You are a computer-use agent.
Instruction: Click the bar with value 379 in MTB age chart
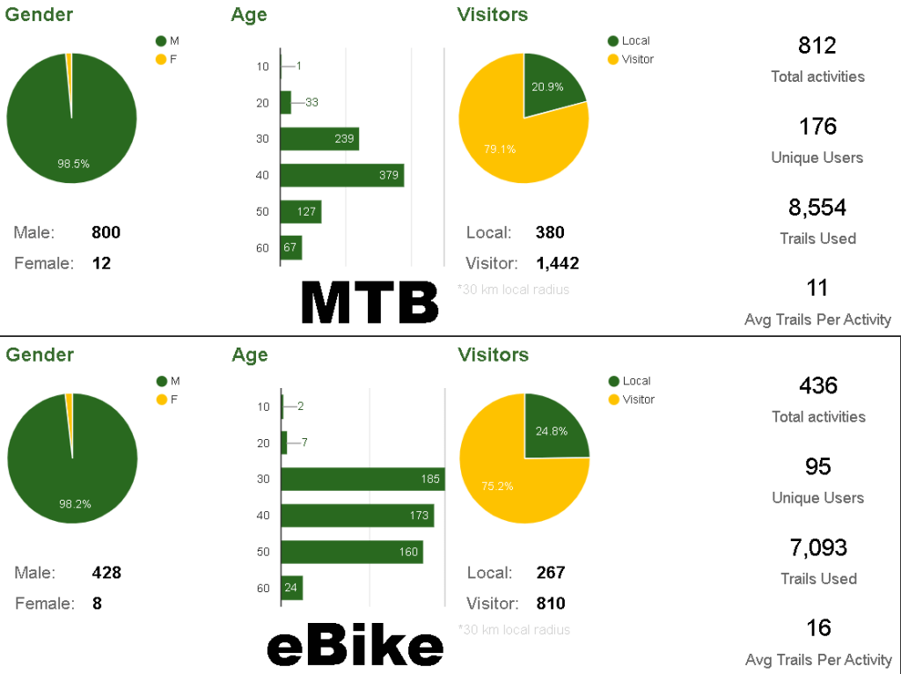(341, 175)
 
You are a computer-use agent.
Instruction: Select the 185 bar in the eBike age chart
(363, 480)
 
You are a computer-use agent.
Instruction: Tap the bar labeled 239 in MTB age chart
(319, 139)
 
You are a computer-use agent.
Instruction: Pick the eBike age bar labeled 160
(352, 553)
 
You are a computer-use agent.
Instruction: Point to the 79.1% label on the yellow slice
(500, 149)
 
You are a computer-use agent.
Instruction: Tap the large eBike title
(355, 647)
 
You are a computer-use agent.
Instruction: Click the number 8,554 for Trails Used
(817, 208)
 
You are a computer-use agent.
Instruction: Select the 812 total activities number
(817, 46)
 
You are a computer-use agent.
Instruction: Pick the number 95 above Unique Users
(818, 466)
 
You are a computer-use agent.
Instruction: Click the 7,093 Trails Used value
(818, 547)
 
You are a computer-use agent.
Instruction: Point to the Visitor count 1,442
(557, 262)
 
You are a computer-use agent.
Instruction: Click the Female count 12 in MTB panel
(101, 262)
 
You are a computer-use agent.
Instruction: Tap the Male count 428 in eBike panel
(106, 573)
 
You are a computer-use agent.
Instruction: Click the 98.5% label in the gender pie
(74, 164)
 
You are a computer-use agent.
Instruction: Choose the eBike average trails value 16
(818, 628)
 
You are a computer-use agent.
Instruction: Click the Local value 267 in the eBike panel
(551, 573)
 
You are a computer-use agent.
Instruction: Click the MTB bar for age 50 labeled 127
(301, 212)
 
